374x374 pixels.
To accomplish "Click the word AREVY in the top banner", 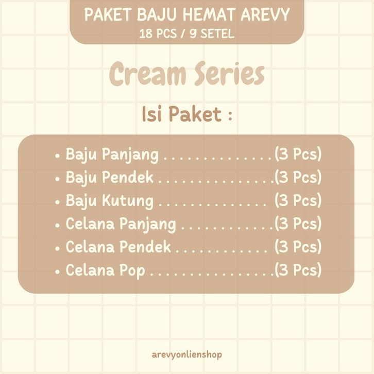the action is [265, 14].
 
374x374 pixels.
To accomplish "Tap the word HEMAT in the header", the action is [209, 14].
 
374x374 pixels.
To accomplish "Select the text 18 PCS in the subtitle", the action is [158, 33].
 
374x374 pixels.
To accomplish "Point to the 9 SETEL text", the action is [212, 33].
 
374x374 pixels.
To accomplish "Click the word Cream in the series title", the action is [147, 74].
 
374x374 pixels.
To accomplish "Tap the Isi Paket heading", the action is [182, 114].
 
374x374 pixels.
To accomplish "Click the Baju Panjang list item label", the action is [112, 155].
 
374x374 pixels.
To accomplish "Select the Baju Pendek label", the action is [110, 178].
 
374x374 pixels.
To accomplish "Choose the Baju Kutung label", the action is [110, 201].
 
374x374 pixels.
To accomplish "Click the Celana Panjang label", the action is [121, 224].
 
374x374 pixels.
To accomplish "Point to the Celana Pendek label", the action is [118, 247].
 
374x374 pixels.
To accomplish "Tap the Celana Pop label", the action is [106, 270].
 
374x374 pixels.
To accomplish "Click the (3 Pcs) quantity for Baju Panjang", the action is [298, 154].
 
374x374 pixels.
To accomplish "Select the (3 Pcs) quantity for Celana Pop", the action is [298, 270].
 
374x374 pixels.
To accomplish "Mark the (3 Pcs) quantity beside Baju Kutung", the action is [298, 200].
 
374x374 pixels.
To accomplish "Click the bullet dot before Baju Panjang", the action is [57, 156].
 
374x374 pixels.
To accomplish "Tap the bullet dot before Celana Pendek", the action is [57, 248].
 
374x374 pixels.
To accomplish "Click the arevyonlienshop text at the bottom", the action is [187, 354].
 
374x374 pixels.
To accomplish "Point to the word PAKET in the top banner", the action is [108, 14].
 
